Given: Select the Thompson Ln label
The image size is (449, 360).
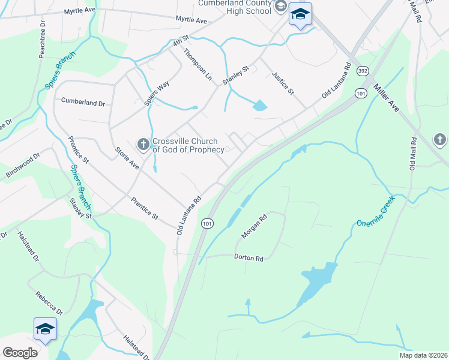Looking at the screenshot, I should pos(197,65).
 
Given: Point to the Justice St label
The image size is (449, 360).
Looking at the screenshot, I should pos(283,83).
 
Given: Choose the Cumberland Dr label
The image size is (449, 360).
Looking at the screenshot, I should pos(83,103).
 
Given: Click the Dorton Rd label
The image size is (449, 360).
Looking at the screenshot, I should pos(248,258).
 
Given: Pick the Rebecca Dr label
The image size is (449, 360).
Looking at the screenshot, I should pos(49,304).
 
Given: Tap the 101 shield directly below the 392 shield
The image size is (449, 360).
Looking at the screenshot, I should pos(360,94).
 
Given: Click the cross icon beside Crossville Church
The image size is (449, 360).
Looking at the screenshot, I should pos(143,145).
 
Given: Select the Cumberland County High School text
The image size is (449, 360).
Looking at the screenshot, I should pos(235,7).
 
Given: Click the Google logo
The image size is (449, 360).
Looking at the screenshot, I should pos(20,353).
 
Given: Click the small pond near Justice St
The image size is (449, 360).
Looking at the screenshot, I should pos(259,107).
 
